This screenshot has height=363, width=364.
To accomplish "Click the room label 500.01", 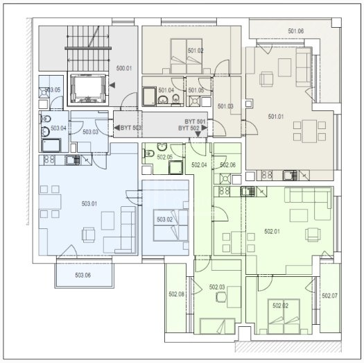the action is (124, 68).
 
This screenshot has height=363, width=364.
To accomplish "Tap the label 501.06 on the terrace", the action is (296, 31).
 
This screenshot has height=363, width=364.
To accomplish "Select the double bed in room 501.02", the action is (187, 56).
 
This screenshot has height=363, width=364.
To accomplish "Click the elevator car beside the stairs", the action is (88, 88).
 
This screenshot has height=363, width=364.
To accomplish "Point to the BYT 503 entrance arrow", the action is (116, 128).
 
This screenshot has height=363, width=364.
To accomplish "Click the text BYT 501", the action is (195, 121).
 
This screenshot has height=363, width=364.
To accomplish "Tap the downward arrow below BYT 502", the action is (198, 134).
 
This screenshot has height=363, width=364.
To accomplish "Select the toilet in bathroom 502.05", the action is (149, 153).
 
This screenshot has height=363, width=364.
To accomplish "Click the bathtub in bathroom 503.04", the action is (51, 145).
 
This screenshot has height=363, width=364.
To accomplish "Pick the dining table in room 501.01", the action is (309, 131).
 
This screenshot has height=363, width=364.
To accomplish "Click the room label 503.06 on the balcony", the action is (83, 275).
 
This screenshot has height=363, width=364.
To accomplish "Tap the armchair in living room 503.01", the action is (88, 235).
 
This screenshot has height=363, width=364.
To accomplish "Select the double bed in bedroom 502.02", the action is (284, 316).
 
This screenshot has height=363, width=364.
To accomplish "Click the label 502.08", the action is (176, 294).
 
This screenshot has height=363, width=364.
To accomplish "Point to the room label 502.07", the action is (329, 296).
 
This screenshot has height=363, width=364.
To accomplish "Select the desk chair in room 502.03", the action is (221, 297).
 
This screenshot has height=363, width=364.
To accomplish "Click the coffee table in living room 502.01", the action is (299, 215).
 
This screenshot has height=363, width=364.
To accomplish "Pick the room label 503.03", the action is (90, 132).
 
